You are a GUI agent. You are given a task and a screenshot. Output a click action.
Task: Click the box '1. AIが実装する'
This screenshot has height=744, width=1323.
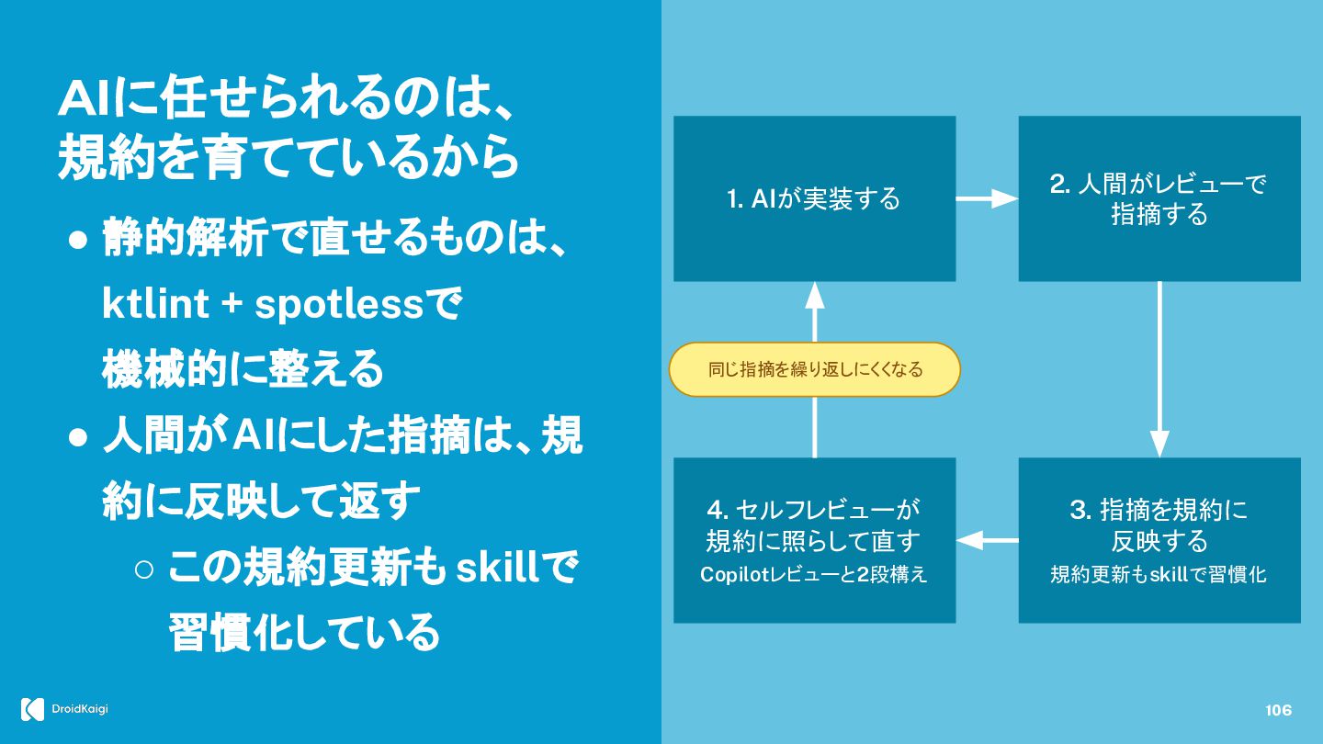click(814, 198)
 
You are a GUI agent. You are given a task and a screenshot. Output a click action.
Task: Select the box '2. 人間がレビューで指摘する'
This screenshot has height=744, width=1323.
click(1159, 198)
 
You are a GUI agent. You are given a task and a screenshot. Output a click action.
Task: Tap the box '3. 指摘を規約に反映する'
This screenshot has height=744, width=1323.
click(1159, 540)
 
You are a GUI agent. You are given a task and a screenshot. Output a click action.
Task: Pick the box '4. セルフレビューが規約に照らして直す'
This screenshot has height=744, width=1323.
click(814, 540)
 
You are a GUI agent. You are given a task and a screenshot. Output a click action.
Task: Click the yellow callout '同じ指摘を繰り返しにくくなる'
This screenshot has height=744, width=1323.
click(814, 369)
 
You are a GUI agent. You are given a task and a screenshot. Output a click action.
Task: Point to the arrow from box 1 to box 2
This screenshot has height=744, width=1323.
click(987, 198)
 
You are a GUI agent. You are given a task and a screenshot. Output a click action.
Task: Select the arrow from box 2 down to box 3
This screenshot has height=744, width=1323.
click(1159, 369)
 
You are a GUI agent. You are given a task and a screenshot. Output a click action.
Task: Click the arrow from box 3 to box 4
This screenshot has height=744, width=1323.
click(987, 540)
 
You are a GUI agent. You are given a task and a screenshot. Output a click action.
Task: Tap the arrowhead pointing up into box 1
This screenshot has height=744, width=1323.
click(814, 295)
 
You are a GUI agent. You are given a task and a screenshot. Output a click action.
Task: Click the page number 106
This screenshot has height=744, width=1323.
click(1278, 710)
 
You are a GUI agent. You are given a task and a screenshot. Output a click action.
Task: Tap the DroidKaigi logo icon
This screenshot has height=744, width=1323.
click(32, 709)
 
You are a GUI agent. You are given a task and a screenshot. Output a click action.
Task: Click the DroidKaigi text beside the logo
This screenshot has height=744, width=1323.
click(80, 709)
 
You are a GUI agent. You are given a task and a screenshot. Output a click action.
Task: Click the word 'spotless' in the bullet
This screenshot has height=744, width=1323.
click(339, 306)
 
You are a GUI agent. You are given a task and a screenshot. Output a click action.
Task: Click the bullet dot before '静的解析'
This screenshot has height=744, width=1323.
click(78, 241)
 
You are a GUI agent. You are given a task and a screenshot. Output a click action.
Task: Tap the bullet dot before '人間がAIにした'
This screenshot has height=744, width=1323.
click(78, 438)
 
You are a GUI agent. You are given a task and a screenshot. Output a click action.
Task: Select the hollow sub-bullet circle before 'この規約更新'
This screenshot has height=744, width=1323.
click(144, 569)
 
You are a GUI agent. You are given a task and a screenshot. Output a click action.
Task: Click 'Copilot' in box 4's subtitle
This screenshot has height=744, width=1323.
click(734, 575)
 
